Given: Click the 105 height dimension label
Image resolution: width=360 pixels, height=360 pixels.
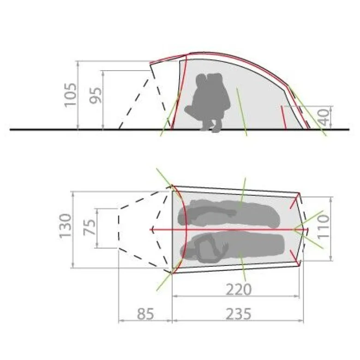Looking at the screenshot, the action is (70, 95).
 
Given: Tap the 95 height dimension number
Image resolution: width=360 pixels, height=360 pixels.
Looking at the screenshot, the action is (95, 96).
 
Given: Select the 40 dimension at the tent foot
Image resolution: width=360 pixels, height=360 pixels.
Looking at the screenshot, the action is (324, 117).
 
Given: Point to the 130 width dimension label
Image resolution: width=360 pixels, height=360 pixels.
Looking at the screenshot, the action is (65, 226).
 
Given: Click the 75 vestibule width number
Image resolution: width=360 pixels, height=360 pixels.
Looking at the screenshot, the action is (90, 227).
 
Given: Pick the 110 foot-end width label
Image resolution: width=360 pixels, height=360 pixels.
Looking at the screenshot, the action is (323, 227).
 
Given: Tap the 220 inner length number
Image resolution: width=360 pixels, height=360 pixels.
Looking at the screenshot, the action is (239, 289).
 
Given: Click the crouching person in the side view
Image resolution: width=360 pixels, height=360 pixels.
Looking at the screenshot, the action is (208, 102).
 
